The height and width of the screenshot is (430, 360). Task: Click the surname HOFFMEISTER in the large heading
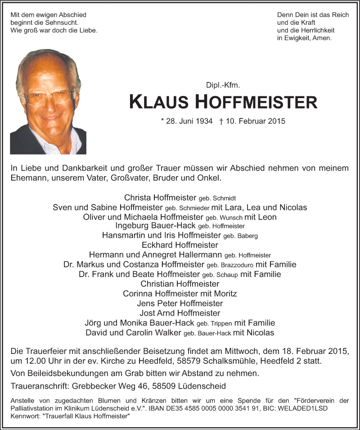pyautogui.click(x=256, y=102)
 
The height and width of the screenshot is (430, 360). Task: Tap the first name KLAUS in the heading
pyautogui.click(x=160, y=102)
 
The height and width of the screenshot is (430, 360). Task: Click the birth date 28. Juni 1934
pyautogui.click(x=186, y=121)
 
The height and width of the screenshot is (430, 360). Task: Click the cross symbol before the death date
pyautogui.click(x=221, y=121)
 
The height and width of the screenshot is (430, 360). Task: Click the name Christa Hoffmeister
pyautogui.click(x=160, y=198)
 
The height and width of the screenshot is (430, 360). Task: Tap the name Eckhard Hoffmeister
pyautogui.click(x=180, y=245)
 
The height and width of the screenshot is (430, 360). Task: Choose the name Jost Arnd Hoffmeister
pyautogui.click(x=180, y=313)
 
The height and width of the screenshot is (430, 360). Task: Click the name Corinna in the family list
pyautogui.click(x=137, y=294)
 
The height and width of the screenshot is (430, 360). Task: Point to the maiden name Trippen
pyautogui.click(x=221, y=323)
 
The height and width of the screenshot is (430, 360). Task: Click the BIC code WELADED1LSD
pyautogui.click(x=308, y=408)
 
